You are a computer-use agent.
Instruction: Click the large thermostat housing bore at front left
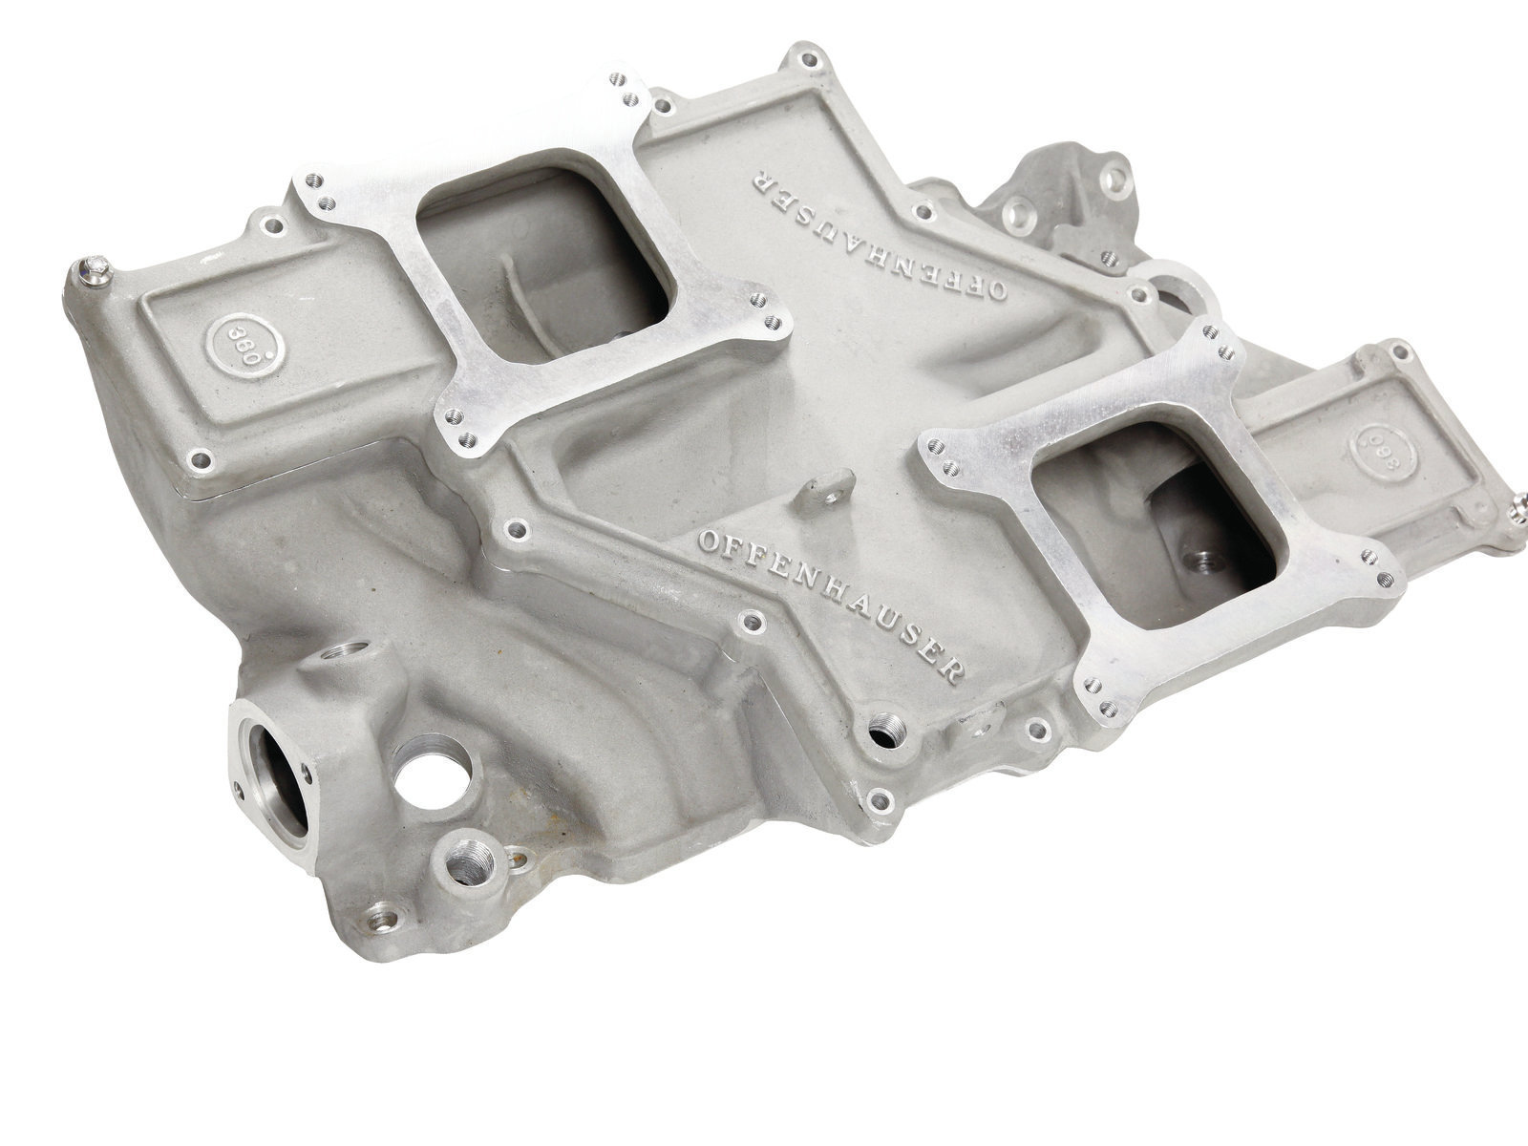(278, 787)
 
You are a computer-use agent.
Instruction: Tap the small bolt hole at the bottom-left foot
(383, 921)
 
